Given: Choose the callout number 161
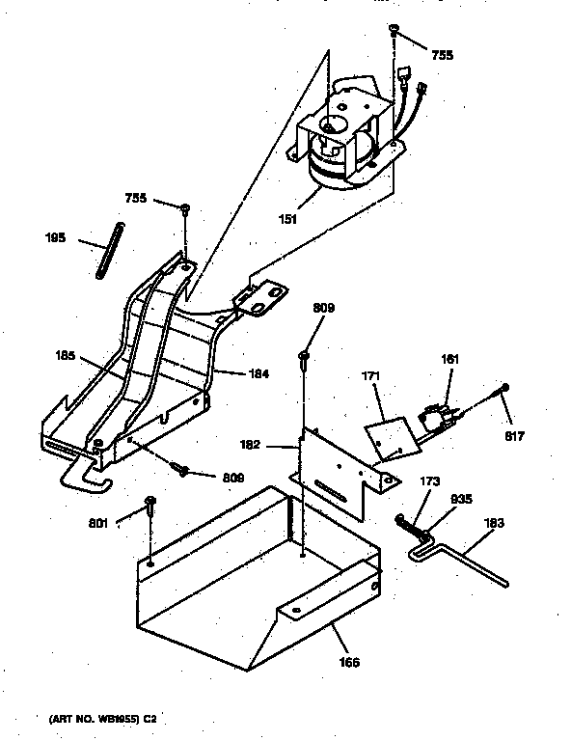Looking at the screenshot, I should tap(450, 359).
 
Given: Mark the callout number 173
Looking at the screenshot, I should tap(429, 480).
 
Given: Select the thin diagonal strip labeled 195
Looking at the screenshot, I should tap(107, 250).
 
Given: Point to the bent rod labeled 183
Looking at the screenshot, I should tap(463, 559).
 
